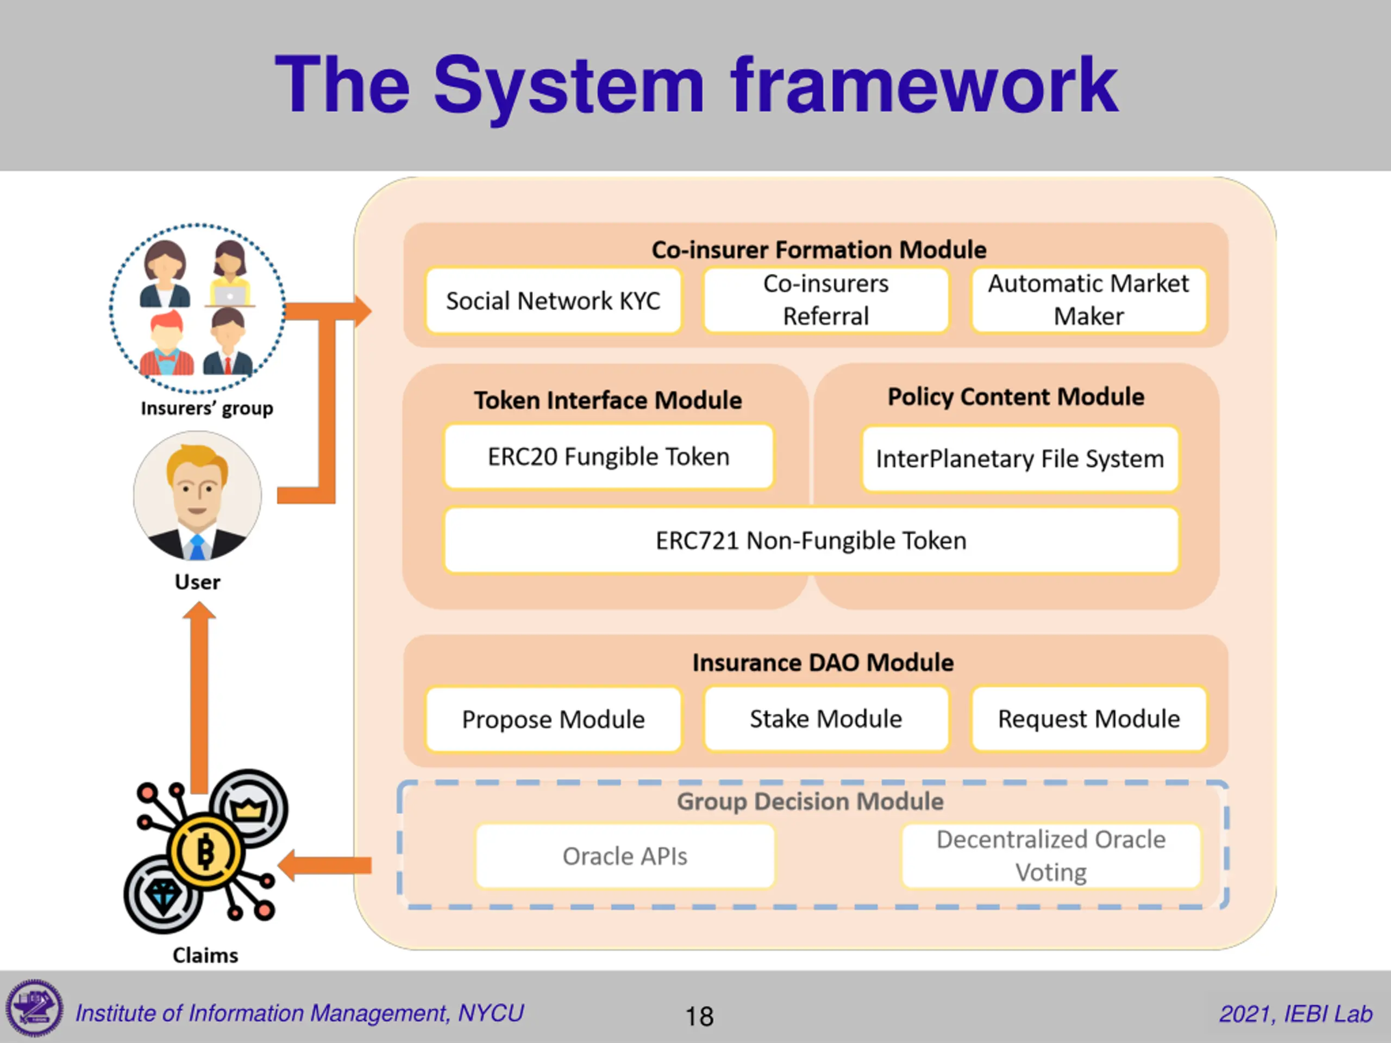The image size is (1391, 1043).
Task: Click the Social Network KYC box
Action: tap(553, 300)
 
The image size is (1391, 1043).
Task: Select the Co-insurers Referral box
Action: tap(826, 300)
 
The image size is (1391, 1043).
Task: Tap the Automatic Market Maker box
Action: tap(1088, 300)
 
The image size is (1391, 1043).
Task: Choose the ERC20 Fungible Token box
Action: tap(608, 456)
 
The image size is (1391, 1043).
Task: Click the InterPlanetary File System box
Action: tap(1019, 458)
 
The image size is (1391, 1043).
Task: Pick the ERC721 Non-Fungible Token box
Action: tap(811, 540)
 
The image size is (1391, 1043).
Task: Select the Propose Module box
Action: tap(553, 719)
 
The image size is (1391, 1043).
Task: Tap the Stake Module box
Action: tap(826, 719)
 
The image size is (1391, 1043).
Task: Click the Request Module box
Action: tap(1088, 719)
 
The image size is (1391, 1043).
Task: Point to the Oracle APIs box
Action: tap(624, 856)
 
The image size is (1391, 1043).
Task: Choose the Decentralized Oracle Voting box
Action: tap(1051, 856)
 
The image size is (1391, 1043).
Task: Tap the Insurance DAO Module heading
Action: tap(823, 663)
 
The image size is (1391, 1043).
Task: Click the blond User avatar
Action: tap(197, 495)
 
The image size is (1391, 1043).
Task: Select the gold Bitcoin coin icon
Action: tap(205, 852)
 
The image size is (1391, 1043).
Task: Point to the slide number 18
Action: tap(699, 1016)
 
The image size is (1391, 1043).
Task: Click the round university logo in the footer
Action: tap(35, 1008)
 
